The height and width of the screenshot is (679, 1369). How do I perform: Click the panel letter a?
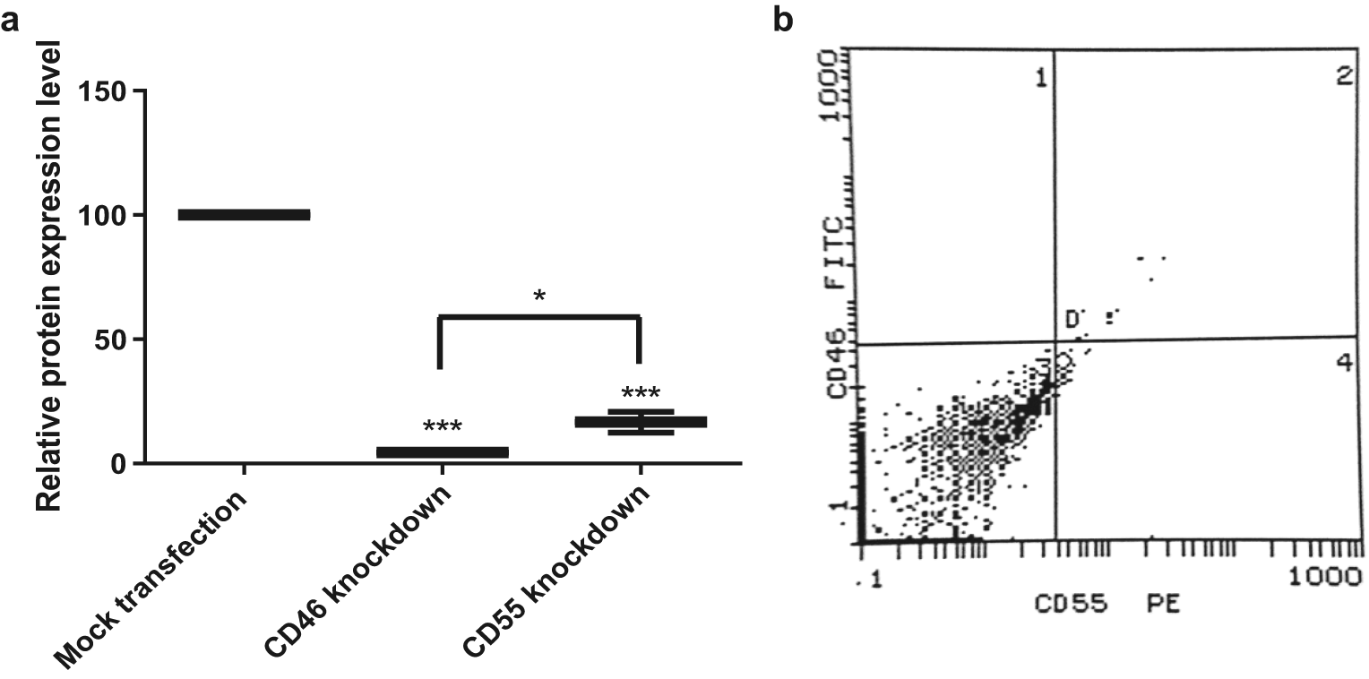[11, 20]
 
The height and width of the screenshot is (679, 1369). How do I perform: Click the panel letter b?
[783, 20]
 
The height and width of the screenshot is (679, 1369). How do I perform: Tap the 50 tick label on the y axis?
[111, 339]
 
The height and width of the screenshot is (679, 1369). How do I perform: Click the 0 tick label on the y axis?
[119, 464]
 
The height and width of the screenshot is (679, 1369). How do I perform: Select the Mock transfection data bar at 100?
[244, 215]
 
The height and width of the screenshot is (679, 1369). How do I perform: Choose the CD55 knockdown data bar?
[641, 422]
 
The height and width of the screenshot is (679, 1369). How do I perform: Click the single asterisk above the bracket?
[539, 296]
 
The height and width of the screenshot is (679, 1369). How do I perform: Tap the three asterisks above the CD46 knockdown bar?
[443, 426]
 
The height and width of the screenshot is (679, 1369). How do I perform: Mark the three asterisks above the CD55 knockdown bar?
[641, 393]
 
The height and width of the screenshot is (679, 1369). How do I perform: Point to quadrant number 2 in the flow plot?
[1343, 77]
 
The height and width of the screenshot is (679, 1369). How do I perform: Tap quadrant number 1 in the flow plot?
[1040, 79]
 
